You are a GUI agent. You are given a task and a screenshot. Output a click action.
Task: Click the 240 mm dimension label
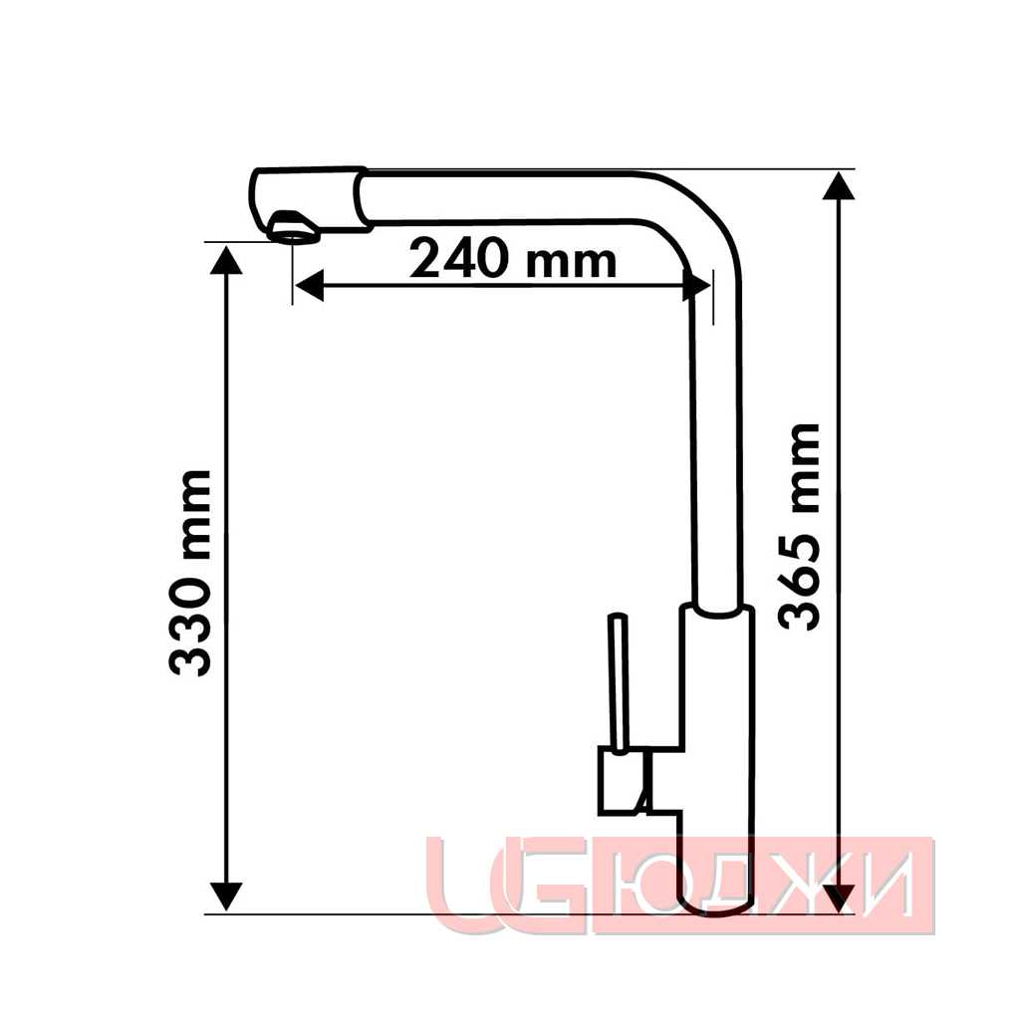coord(512,259)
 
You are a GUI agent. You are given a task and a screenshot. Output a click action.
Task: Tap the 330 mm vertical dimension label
coord(190,573)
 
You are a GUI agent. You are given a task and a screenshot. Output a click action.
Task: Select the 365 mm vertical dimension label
coord(799,527)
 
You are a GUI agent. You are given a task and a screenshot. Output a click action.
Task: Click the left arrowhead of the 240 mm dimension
coord(309,286)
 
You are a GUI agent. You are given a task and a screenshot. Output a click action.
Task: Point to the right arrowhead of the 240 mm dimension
coord(696,286)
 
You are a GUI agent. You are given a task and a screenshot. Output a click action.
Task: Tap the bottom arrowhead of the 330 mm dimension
coord(226,896)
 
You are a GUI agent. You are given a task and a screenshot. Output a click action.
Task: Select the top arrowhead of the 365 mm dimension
coord(839,186)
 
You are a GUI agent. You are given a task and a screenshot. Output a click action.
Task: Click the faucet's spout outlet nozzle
coord(294,228)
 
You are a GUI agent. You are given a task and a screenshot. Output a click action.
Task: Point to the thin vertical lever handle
coord(618,683)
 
